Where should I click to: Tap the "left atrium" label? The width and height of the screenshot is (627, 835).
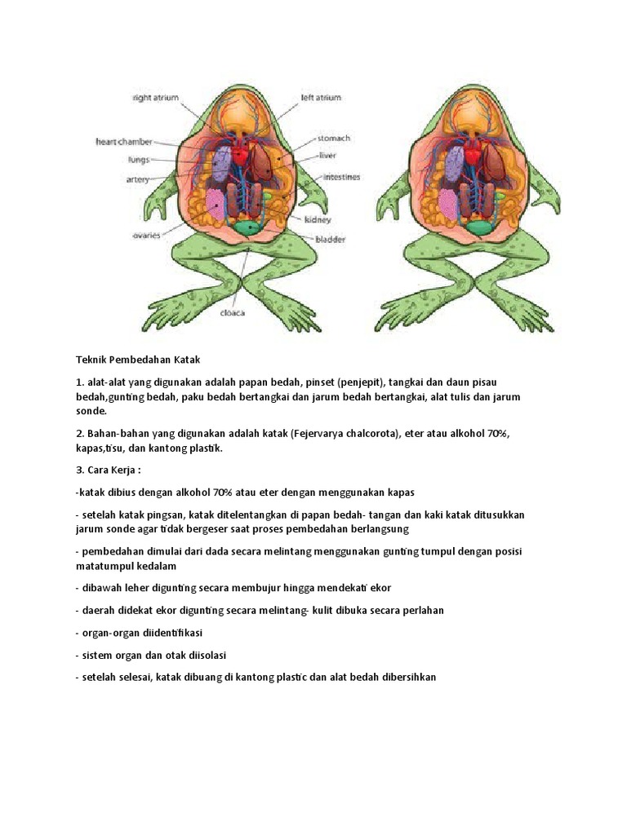[x=321, y=98]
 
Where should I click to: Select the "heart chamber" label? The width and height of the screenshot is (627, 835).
[x=123, y=142]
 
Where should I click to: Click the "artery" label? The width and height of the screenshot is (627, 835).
[x=137, y=179]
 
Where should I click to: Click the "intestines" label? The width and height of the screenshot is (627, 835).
[x=341, y=176]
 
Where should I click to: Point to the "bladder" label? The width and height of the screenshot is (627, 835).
[x=330, y=240]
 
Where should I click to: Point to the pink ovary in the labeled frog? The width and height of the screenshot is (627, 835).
[x=214, y=204]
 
